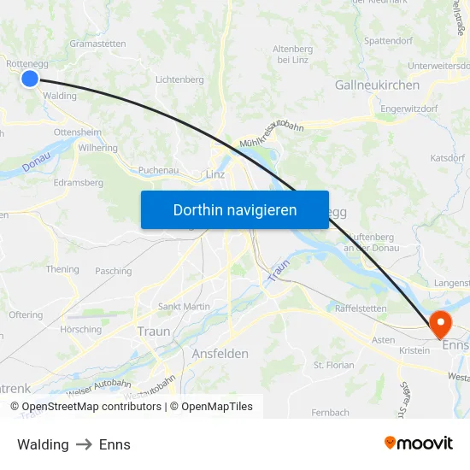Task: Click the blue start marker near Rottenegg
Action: coord(29,79)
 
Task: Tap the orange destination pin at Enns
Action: coord(440,323)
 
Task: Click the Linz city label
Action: coord(215,175)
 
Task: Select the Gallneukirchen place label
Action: coord(377,85)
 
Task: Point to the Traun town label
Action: coord(154,331)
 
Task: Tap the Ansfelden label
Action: coord(220,353)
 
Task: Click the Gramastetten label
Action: coord(97,44)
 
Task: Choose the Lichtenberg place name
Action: coord(179,79)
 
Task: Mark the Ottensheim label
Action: coord(77,132)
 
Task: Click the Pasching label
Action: coord(114,271)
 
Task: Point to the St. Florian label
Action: coord(334,365)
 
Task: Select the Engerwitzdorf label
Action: coord(409,109)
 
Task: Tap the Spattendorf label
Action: coord(389,40)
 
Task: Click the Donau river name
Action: coord(37,162)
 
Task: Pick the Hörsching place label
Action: coord(80,329)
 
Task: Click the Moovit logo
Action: coord(419,443)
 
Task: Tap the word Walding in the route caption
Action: coord(43,444)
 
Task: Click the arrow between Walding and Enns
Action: coord(84,444)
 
